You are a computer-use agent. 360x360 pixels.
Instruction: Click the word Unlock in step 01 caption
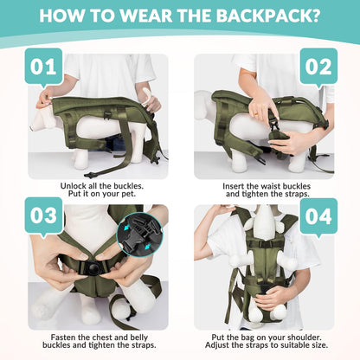[x=76, y=185]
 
